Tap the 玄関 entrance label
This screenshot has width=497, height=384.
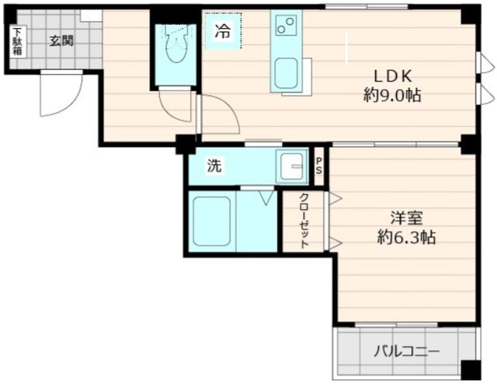pos(62,41)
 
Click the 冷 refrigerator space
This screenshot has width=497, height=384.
pos(223,33)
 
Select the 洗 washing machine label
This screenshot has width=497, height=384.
pos(214,165)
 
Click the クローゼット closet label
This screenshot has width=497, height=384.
pos(304,220)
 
